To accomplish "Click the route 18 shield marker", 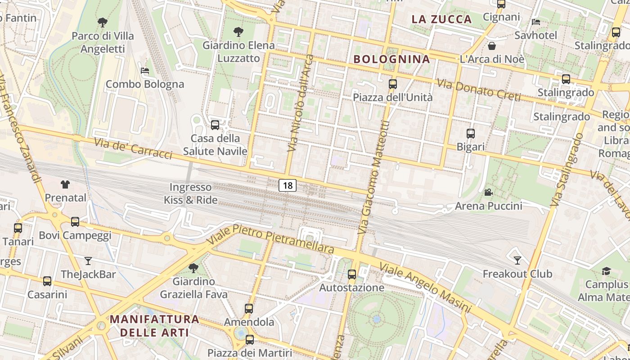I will (x=288, y=185).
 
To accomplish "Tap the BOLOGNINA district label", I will (x=391, y=59).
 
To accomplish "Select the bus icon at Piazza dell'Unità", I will (x=393, y=84).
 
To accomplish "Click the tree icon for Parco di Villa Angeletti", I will (x=103, y=22).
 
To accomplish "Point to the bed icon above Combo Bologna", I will (x=145, y=71).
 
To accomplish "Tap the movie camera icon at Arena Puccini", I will (x=488, y=193).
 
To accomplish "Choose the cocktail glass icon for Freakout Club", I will (x=517, y=260).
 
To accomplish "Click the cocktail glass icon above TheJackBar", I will (x=88, y=261).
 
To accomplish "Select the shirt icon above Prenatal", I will (x=65, y=184).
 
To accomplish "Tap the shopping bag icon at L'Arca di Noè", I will (x=492, y=46).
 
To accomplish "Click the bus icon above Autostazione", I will (x=352, y=274).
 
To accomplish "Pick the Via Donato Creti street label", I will (x=478, y=90).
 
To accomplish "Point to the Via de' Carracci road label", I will (x=133, y=148).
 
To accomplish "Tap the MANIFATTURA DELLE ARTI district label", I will (x=154, y=326).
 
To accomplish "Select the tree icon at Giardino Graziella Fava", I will (x=193, y=268).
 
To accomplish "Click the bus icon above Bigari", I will (x=471, y=134).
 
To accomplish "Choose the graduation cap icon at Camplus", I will (x=606, y=271).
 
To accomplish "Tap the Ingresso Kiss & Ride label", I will (x=190, y=193).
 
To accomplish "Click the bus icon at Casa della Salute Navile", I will (x=215, y=125).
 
